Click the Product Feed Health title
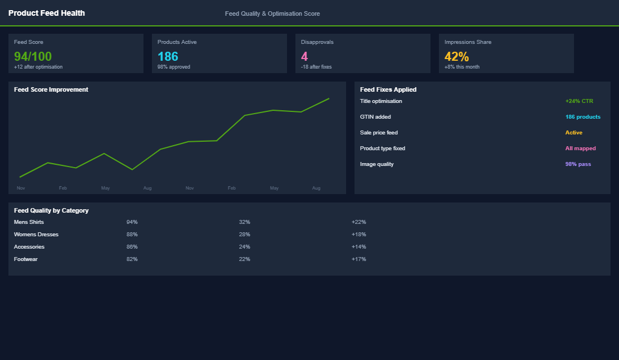point(47,13)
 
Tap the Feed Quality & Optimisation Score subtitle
point(272,13)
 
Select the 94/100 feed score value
point(33,56)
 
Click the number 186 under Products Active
point(168,56)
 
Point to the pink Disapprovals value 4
point(304,56)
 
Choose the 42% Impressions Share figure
point(456,56)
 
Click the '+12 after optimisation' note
point(38,67)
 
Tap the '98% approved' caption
point(174,67)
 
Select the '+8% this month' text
point(462,67)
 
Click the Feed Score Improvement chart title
point(51,89)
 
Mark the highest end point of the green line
point(329,98)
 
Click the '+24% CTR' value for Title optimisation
point(579,101)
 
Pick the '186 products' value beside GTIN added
point(583,117)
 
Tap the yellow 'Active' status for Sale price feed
point(574,133)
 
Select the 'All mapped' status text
point(580,148)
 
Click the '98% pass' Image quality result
point(578,164)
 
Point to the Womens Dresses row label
point(36,235)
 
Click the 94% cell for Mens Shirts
point(132,222)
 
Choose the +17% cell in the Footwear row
point(358,259)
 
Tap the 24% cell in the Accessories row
point(245,247)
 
